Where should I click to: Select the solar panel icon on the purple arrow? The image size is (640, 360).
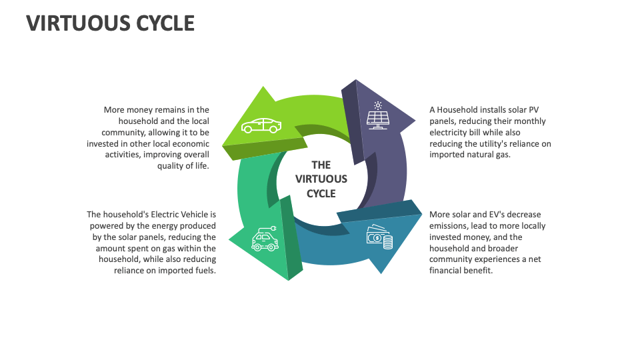coord(378,119)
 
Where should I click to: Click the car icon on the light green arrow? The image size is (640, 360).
coord(261,125)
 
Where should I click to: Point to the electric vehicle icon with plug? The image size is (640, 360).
coord(265,240)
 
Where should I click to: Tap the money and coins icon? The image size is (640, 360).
coord(379,237)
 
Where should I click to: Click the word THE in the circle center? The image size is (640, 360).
coord(321,165)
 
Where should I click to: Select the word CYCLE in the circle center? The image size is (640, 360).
coord(321,193)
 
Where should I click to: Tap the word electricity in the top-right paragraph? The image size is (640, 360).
coord(451,132)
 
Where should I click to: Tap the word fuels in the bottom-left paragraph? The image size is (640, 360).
coord(204,271)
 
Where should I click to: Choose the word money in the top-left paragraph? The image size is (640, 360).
coord(140,110)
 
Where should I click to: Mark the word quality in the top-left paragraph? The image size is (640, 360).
coord(171,166)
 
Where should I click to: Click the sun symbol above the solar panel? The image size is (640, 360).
coord(378,105)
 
